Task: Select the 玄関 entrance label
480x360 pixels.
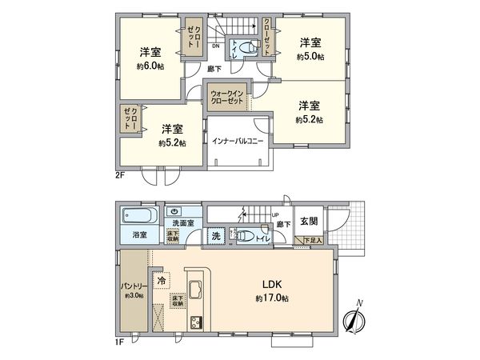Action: [310, 221]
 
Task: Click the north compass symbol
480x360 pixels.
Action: [354, 318]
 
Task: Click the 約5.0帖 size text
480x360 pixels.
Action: [310, 58]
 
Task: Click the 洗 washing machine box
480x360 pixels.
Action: [216, 236]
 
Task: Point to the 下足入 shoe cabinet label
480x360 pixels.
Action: [314, 240]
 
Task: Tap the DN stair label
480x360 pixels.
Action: [216, 46]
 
